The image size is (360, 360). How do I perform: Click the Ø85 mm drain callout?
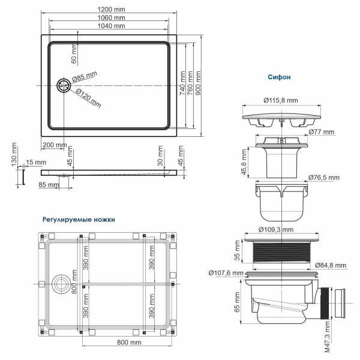tap(85, 77)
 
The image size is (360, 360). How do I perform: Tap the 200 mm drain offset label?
tap(55, 145)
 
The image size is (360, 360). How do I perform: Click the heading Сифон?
tap(279, 77)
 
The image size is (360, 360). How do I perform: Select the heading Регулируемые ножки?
tap(79, 220)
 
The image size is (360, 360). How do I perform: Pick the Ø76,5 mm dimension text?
tap(323, 178)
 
